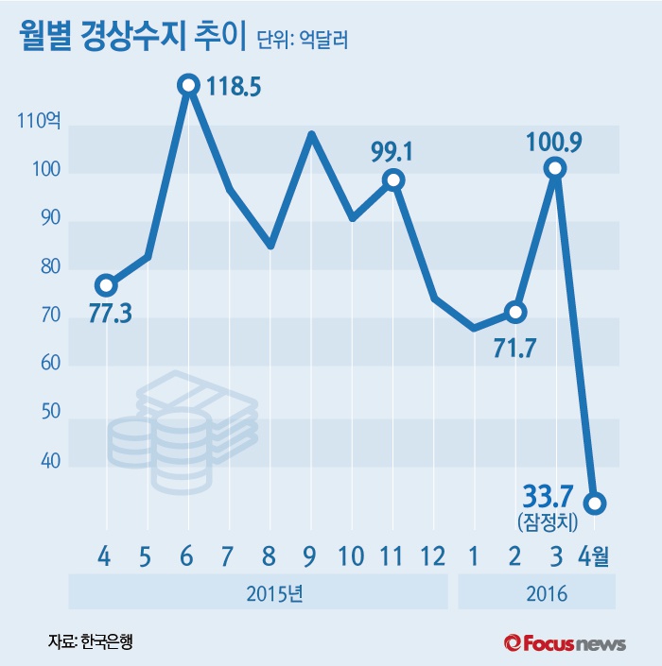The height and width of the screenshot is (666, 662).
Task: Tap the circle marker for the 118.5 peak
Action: (x=188, y=85)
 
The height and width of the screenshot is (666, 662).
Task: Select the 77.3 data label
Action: (x=110, y=314)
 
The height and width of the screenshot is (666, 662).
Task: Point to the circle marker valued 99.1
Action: (x=393, y=179)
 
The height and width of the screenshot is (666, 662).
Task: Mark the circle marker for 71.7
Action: (x=515, y=312)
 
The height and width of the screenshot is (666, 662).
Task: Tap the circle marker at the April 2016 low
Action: (x=595, y=504)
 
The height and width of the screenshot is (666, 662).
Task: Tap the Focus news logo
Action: (x=565, y=642)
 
